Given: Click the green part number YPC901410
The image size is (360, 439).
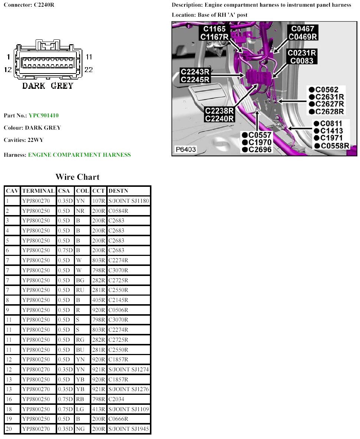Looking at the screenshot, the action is pos(43,116).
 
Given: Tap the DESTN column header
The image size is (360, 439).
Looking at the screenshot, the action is pos(118,191).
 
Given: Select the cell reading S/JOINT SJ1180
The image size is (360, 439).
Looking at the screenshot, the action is pos(128,201).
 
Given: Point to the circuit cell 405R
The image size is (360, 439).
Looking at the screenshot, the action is pos(98,300).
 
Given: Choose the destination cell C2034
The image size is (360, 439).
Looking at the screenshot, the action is pos(117,399).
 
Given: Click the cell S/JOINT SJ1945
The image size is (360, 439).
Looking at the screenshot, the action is pos(128,429).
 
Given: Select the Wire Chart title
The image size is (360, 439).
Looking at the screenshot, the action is pos(78,177).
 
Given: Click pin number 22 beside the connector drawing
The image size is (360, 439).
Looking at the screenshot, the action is pos(89,69).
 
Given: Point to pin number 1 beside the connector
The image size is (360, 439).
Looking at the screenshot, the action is pos(8,57).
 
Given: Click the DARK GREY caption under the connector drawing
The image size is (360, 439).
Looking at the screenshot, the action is pos(48,86).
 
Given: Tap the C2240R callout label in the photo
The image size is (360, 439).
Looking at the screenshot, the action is pos(219,119).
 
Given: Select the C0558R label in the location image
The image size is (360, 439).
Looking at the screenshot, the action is pos(335,146).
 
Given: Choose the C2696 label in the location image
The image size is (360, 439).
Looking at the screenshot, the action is pos(260,150).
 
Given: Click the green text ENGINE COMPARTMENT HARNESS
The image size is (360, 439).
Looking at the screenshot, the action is pos(79,155).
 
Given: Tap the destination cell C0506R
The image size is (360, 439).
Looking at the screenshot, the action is pos(118,310).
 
